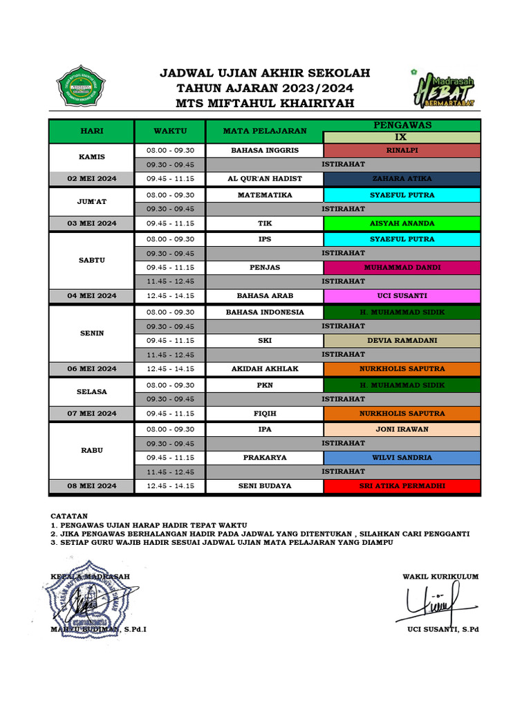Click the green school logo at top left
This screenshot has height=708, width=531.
(81, 86)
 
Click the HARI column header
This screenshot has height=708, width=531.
(91, 131)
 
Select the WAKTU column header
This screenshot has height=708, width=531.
(170, 131)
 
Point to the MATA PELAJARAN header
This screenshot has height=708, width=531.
(265, 131)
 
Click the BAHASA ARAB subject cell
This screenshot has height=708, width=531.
(265, 295)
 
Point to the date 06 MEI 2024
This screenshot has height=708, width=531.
(91, 369)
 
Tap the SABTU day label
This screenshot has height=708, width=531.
(91, 260)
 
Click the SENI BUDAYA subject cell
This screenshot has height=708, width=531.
(265, 486)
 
